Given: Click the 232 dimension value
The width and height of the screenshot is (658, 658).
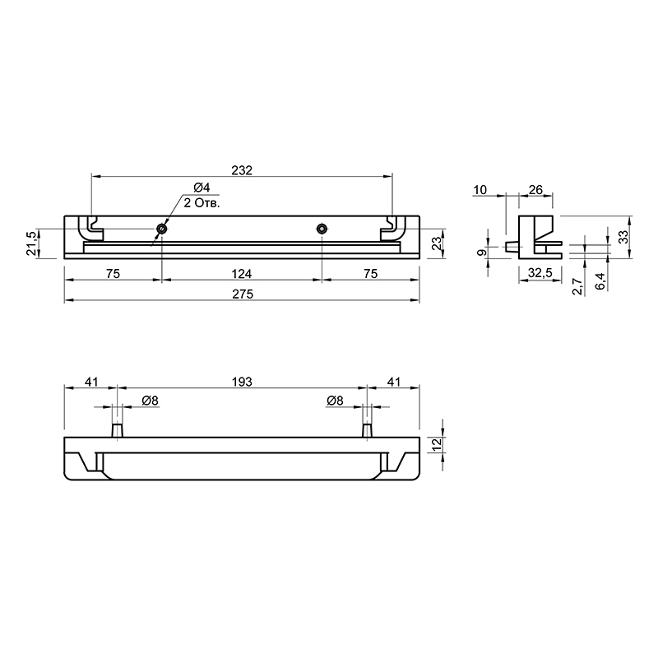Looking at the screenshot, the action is pyautogui.click(x=242, y=170).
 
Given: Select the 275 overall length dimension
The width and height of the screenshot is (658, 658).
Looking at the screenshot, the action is pyautogui.click(x=243, y=294).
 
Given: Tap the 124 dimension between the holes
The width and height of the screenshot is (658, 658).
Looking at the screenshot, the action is pyautogui.click(x=242, y=274).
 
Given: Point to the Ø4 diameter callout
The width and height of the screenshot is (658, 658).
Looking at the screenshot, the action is pyautogui.click(x=202, y=188).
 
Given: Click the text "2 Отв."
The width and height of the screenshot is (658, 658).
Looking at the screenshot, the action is pyautogui.click(x=202, y=203).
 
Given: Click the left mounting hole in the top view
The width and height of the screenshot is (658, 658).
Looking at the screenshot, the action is pyautogui.click(x=161, y=229).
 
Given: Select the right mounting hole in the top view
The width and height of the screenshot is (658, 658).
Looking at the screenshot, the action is pyautogui.click(x=322, y=229).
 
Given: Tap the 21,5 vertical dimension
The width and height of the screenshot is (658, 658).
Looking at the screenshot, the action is pyautogui.click(x=31, y=243).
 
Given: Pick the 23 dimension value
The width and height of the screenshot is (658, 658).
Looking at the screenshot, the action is pyautogui.click(x=437, y=243).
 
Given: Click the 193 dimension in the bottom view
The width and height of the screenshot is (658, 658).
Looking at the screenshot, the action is pyautogui.click(x=242, y=382).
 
